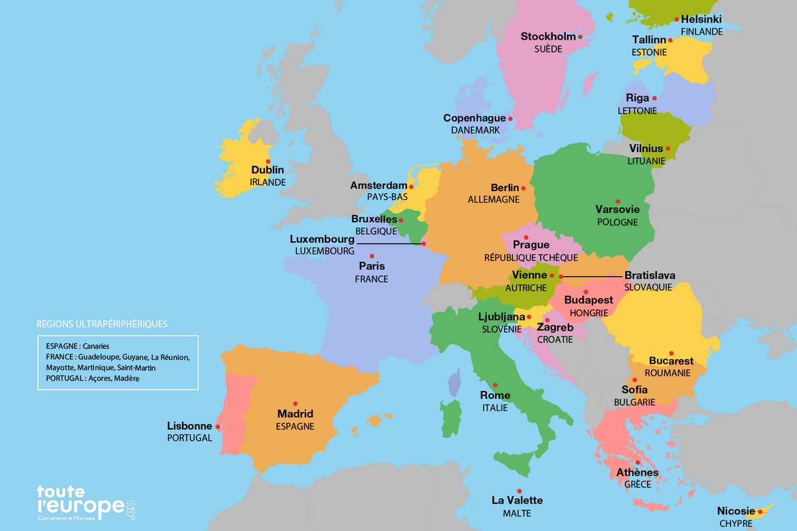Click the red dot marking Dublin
268,161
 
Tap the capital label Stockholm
547,37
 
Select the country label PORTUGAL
189,438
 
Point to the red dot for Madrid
295,403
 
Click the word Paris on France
371,266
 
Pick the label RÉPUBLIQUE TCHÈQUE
531,257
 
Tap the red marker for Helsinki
676,20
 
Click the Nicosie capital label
736,511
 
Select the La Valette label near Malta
517,500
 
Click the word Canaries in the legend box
96,346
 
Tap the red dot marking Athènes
637,463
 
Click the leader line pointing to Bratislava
591,275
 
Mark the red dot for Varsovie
618,201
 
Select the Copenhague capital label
474,118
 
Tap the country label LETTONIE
637,110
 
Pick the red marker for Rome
495,385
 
